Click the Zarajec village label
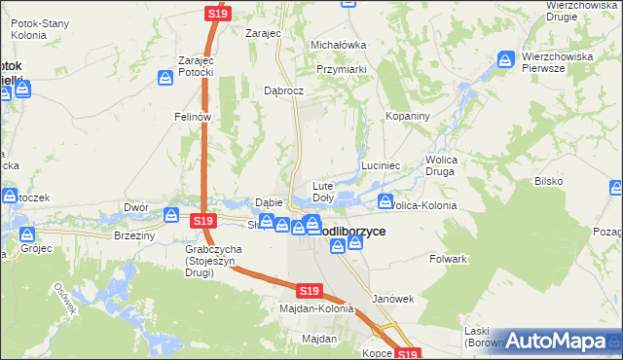click(x=263, y=32)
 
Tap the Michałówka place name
click(x=338, y=45)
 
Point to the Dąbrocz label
click(x=285, y=90)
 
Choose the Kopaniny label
click(x=408, y=116)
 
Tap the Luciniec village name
click(x=382, y=166)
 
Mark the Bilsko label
click(x=549, y=182)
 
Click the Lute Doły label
click(x=322, y=191)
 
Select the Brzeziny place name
click(x=134, y=235)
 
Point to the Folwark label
click(x=449, y=260)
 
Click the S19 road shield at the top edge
click(x=217, y=14)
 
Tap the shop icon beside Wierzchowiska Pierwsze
click(x=504, y=60)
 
